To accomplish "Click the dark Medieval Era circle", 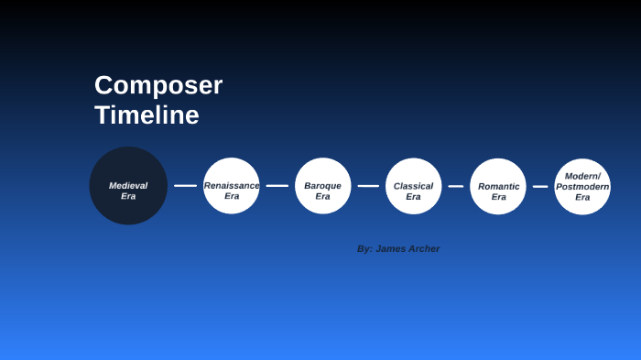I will coord(128,186).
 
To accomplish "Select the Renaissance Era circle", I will coord(232,186).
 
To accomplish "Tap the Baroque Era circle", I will coord(323,186).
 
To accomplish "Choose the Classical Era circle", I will coord(414,186).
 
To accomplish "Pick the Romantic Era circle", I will coord(498,186).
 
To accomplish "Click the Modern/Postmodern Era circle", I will coord(582,186).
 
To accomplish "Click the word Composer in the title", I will coord(158,85).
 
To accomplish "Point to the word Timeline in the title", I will coord(147,115).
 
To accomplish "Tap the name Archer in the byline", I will coord(422,248).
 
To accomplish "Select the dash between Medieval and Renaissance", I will coord(186,186).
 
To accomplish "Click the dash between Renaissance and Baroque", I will coord(277,186).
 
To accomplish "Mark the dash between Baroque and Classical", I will coord(368,186).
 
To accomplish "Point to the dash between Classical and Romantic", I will coord(456,186).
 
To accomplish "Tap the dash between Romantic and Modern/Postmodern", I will coord(540,186).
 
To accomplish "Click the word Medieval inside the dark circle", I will coord(128,185).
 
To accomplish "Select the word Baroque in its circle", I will coord(323,185).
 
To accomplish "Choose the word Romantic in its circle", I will coord(498,186).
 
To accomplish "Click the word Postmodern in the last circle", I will coord(582,186).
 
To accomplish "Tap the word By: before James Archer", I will coord(364,248).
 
